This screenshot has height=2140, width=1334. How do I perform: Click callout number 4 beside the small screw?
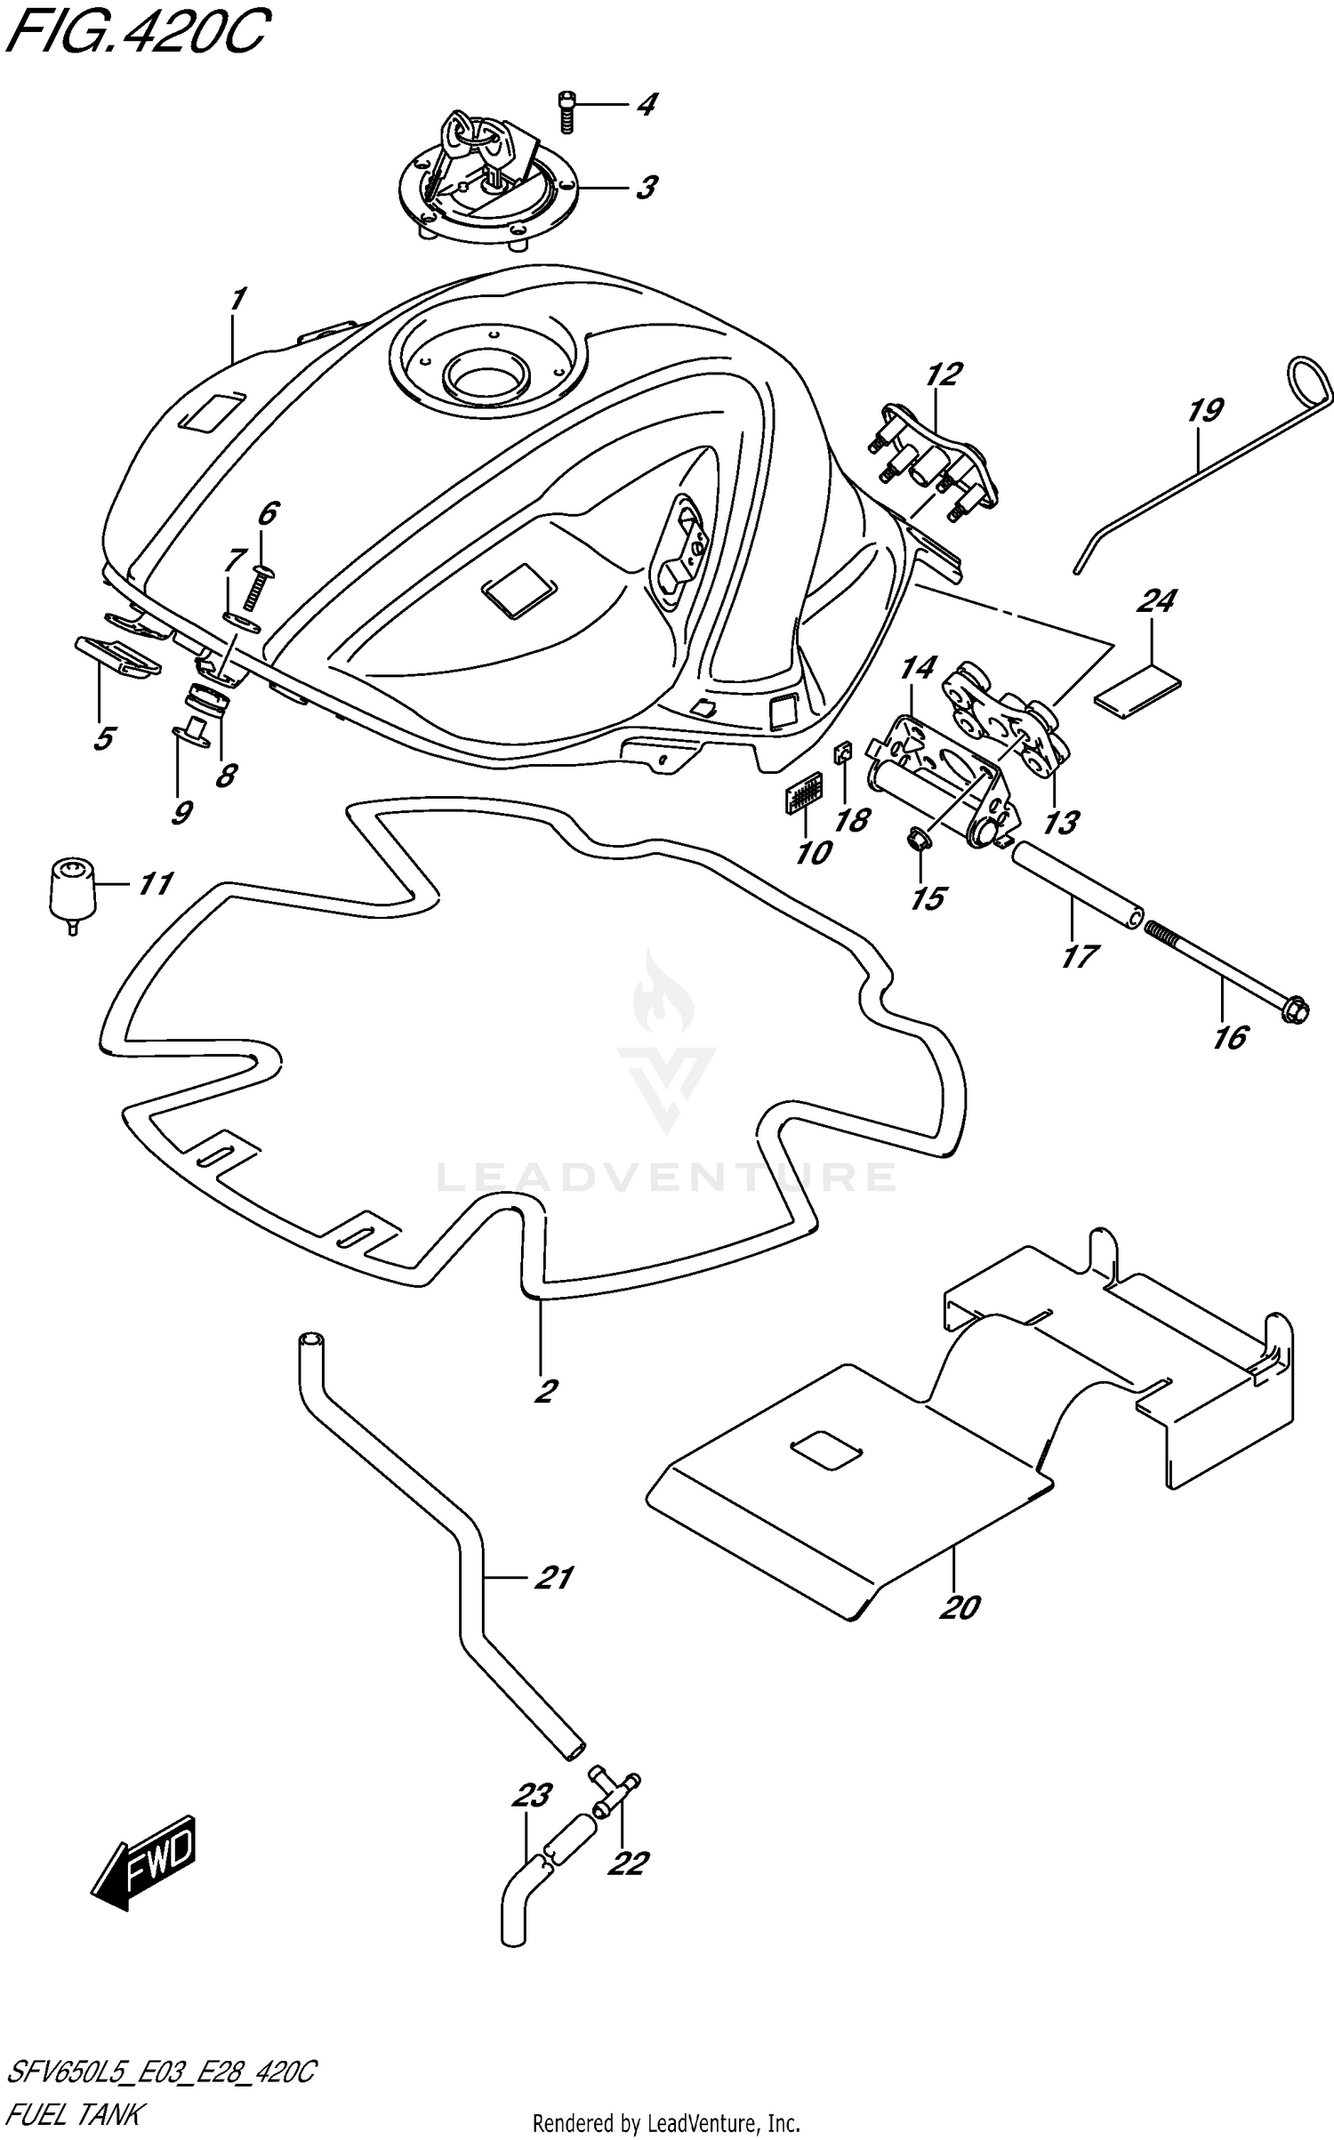[x=647, y=105]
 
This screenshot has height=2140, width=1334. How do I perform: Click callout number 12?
[x=944, y=374]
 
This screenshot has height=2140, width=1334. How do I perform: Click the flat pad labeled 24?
[x=1137, y=693]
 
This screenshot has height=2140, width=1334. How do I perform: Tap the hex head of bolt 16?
[x=1295, y=1011]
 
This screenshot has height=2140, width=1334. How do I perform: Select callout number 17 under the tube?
[x=1079, y=957]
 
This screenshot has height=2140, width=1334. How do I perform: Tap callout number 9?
[x=181, y=811]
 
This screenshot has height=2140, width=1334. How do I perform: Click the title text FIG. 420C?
[x=133, y=34]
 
